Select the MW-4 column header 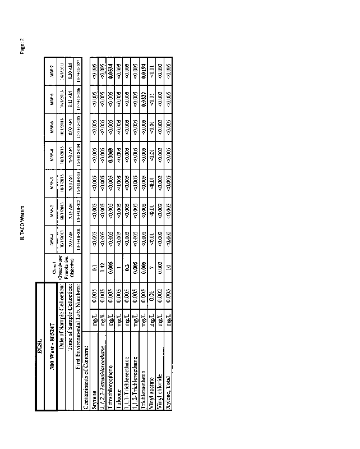(50, 159)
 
